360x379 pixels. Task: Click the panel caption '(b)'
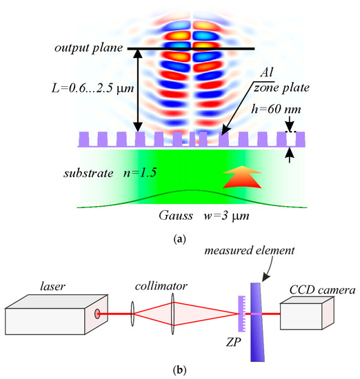(179, 367)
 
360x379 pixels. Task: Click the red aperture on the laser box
(98, 315)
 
